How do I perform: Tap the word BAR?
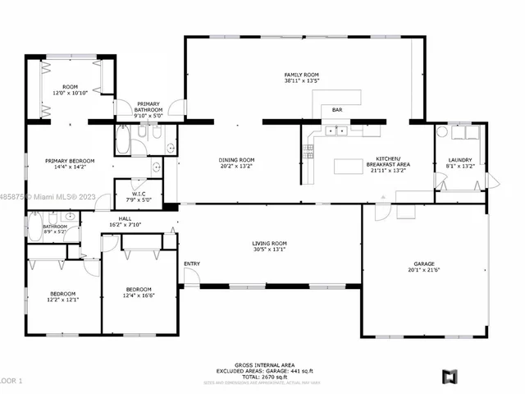click(x=337, y=109)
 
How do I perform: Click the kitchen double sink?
click(x=336, y=131)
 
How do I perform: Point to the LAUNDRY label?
click(x=459, y=160)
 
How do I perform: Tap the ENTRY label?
click(x=192, y=263)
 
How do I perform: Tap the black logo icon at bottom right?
click(x=449, y=377)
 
